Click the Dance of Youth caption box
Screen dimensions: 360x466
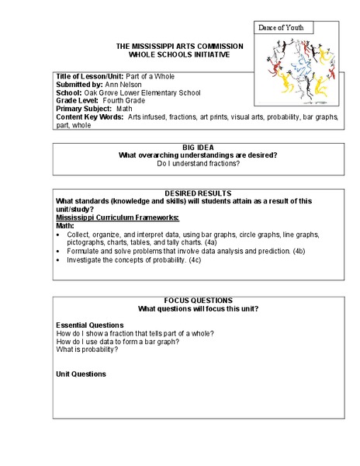coord(282,28)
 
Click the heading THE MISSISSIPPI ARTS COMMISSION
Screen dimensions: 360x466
coord(179,47)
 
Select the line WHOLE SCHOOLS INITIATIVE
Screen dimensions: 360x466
coord(179,54)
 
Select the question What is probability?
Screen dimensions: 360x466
coord(88,349)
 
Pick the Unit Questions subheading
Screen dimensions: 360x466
coord(81,374)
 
